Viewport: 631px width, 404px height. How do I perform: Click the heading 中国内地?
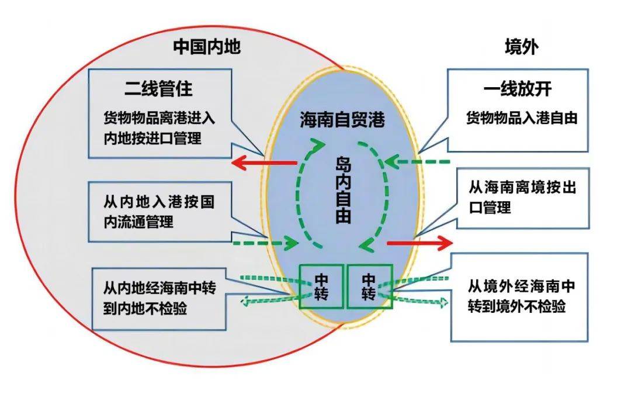point(207,47)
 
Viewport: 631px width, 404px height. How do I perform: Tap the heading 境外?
point(522,47)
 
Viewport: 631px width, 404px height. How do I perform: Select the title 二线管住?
point(158,89)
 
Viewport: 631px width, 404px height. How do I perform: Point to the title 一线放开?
point(518,89)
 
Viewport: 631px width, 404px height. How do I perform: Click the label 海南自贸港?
point(342,120)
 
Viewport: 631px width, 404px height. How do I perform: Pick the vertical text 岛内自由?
point(344,189)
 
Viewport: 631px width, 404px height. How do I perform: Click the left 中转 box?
point(321,286)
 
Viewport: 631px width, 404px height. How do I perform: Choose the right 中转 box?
point(369,286)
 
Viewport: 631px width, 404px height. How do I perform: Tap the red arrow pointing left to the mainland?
point(265,163)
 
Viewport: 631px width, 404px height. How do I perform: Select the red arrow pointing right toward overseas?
point(419,243)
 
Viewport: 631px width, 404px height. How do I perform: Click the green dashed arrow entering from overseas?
point(417,162)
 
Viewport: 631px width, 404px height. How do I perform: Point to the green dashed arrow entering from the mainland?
point(266,243)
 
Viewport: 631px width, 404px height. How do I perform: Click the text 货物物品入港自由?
point(522,118)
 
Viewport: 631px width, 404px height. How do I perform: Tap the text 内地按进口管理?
point(152,138)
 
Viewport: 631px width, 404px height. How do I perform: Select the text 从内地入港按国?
point(159,201)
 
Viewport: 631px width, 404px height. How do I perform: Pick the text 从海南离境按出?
point(522,187)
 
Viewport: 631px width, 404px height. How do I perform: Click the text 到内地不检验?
point(145,308)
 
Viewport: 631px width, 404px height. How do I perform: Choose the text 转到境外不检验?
point(516,306)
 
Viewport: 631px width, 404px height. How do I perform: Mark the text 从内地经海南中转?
point(160,288)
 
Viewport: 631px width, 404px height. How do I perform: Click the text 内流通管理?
point(138,222)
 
